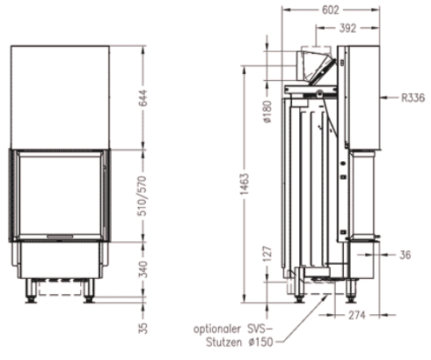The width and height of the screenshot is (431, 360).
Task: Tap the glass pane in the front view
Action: (x=60, y=192)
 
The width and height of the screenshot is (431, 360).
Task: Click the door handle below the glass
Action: (x=60, y=237)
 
